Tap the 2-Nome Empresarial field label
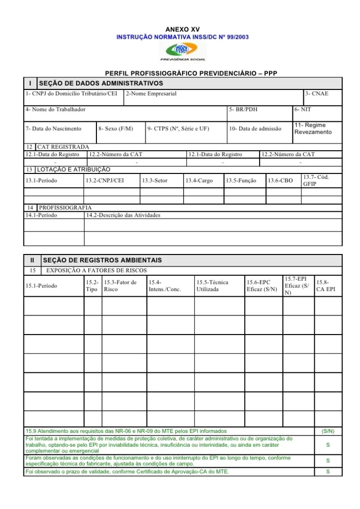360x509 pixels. click(x=151, y=93)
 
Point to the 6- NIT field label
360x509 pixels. click(x=302, y=109)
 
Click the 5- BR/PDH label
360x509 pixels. click(x=243, y=109)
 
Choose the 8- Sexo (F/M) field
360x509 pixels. click(x=116, y=129)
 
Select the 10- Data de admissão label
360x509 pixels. click(x=255, y=129)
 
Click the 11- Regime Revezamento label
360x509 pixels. click(x=313, y=129)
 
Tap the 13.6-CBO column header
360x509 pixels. click(x=280, y=180)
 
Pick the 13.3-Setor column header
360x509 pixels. click(x=155, y=180)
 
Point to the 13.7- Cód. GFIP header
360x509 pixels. click(x=316, y=180)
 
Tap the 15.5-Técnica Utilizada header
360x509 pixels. click(x=212, y=286)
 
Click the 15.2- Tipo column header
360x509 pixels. click(x=92, y=286)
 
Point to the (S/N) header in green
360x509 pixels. click(x=328, y=431)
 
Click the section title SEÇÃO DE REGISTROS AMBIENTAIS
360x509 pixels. click(x=102, y=260)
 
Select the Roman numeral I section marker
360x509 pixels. click(x=31, y=83)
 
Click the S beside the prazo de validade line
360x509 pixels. click(x=328, y=472)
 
